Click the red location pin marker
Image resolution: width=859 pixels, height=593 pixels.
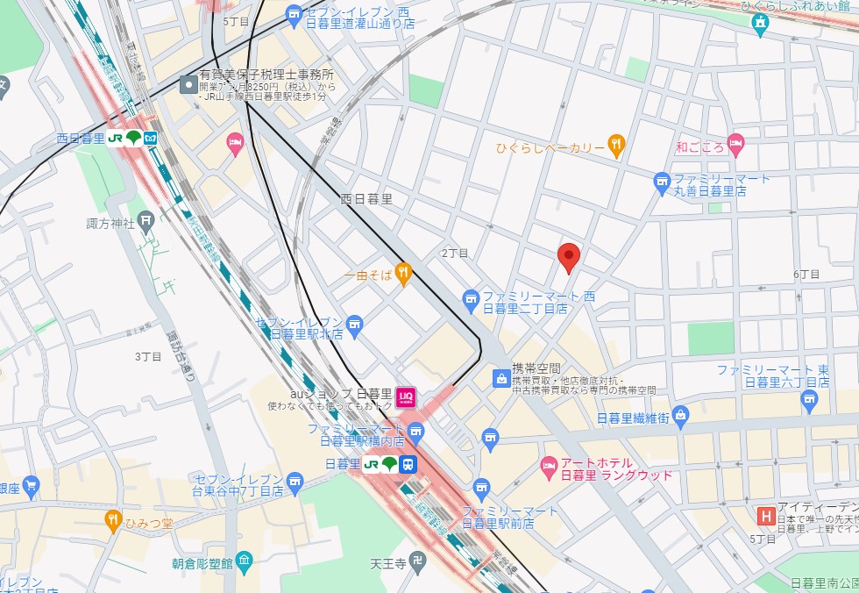[570, 257]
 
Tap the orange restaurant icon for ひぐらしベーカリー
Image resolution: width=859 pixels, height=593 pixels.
[616, 146]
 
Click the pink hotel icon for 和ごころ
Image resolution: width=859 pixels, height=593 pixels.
[735, 141]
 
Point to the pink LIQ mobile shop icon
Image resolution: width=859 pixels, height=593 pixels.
[405, 397]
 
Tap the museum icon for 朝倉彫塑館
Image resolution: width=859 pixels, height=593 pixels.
[244, 560]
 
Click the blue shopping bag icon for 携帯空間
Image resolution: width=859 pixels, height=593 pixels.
[500, 378]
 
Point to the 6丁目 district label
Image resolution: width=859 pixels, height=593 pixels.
[806, 275]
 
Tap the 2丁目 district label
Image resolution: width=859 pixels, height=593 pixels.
[455, 253]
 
